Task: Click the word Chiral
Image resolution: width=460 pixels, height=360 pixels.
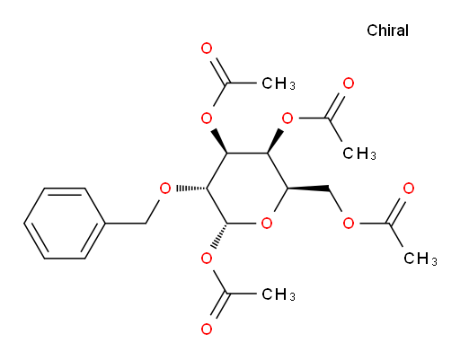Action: click(x=387, y=31)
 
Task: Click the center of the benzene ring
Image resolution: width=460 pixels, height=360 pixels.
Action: click(x=65, y=224)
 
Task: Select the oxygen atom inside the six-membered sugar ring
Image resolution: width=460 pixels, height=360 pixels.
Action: click(x=267, y=224)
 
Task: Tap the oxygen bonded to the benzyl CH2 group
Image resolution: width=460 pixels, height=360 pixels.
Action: click(x=165, y=189)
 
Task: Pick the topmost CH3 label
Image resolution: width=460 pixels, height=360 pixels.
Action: click(x=279, y=83)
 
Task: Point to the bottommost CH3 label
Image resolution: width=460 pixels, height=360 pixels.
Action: click(x=279, y=294)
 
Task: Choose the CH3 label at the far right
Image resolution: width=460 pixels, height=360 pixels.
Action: click(x=420, y=259)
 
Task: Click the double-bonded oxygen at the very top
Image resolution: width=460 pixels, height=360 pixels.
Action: click(x=207, y=48)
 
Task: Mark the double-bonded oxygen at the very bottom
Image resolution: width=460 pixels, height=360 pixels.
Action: click(x=207, y=329)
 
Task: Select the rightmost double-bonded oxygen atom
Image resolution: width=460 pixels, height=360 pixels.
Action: click(x=409, y=189)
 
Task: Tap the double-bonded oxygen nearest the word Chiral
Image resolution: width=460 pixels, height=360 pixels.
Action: click(x=349, y=83)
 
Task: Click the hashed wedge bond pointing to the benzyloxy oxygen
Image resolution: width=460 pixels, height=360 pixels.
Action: click(x=191, y=189)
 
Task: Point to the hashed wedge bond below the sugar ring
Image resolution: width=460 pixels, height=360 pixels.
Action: click(x=220, y=235)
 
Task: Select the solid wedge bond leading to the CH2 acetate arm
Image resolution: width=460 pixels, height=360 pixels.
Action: click(x=308, y=189)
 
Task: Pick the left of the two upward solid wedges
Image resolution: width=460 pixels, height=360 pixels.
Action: click(x=219, y=141)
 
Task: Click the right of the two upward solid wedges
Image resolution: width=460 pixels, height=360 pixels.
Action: click(x=276, y=141)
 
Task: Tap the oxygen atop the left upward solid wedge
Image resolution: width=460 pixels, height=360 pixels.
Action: click(x=207, y=119)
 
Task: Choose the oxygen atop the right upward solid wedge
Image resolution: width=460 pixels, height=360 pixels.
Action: click(x=287, y=119)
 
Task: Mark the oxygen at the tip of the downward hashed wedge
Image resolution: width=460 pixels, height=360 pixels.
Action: click(x=207, y=259)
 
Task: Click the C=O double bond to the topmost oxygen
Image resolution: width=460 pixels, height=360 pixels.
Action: click(x=219, y=71)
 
